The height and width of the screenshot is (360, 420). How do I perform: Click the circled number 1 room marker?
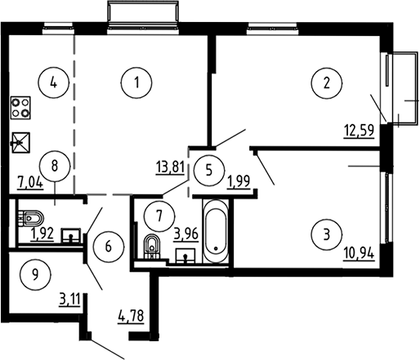tap(136, 82)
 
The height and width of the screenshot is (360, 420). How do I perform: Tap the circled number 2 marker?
tap(326, 82)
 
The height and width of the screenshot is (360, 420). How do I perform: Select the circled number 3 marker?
tap(326, 235)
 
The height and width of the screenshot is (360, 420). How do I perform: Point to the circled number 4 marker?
tap(54, 82)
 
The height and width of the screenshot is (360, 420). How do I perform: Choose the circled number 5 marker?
tap(209, 171)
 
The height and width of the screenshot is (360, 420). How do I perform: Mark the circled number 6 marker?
tap(109, 247)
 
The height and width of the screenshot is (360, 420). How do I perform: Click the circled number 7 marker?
tap(159, 216)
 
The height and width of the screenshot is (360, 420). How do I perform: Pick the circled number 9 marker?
tap(35, 275)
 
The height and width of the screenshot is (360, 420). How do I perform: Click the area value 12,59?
tap(359, 131)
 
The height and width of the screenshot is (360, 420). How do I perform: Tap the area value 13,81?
tap(171, 167)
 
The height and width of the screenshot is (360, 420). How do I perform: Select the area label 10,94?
tap(359, 253)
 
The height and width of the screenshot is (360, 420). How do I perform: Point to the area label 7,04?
tap(30, 182)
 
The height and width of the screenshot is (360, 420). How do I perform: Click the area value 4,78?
tap(131, 317)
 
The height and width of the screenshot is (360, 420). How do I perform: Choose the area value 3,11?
tap(69, 300)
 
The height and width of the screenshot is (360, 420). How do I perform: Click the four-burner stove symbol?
tap(20, 108)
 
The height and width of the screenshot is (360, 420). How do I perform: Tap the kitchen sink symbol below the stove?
tap(20, 143)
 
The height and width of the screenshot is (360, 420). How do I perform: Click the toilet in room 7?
tap(151, 246)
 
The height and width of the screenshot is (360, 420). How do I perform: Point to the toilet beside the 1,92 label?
tap(31, 218)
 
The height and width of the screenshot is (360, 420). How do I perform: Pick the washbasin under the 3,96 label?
tap(185, 256)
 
